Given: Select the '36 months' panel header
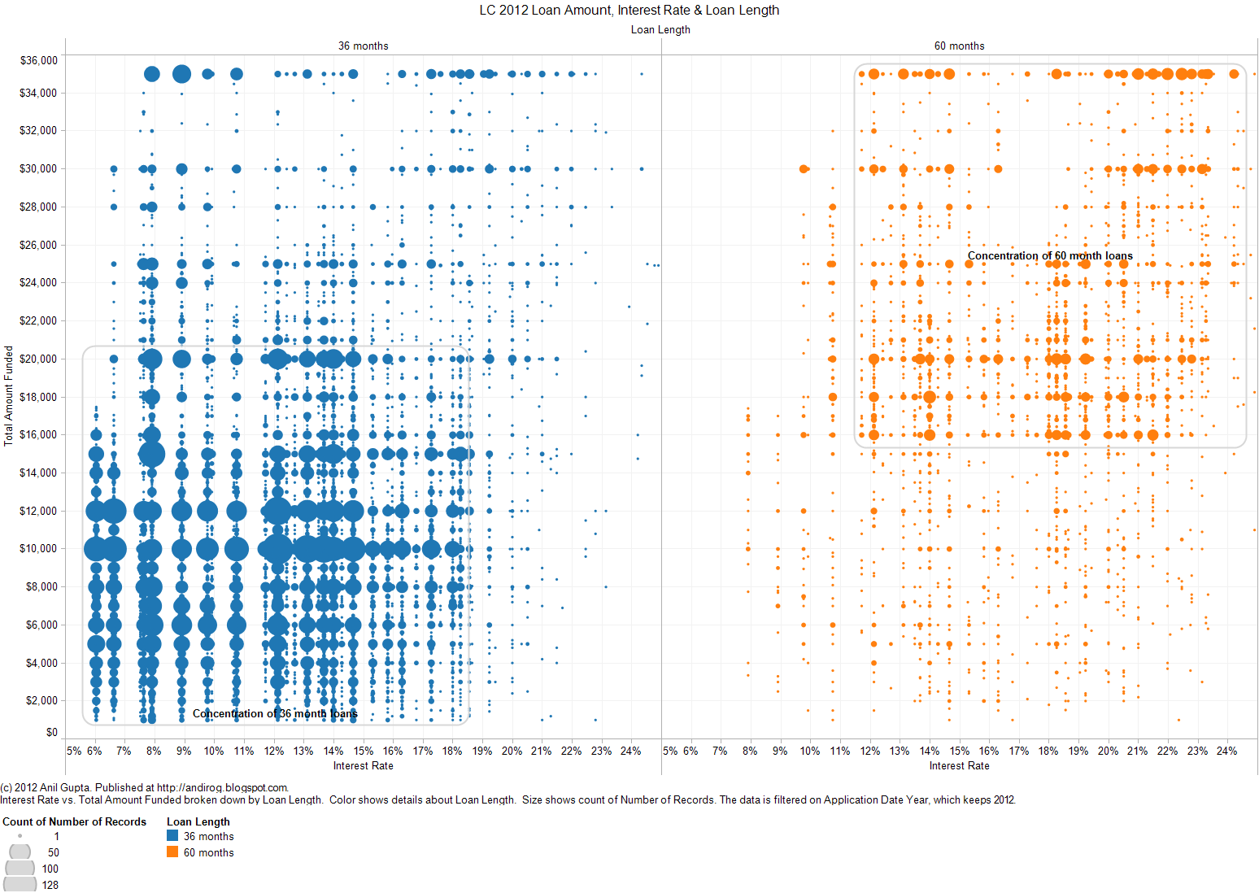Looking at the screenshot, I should click(x=363, y=46).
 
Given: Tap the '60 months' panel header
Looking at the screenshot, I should click(x=959, y=46).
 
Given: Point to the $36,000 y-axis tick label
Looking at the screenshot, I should click(x=38, y=60).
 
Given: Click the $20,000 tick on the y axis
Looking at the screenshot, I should click(x=38, y=359).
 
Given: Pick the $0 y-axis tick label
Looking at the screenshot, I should click(x=51, y=732).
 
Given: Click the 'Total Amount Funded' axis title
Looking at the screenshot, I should click(x=9, y=396).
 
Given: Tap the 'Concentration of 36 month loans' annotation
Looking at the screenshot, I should click(x=275, y=713).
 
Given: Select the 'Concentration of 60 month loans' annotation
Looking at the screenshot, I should click(x=1050, y=255).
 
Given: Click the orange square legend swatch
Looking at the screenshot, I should click(x=172, y=852).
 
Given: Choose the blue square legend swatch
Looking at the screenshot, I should click(x=172, y=835).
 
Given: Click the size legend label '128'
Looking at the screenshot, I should click(x=50, y=885).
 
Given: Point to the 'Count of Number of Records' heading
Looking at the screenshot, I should click(x=74, y=821).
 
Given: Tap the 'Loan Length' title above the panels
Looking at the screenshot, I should click(x=660, y=30).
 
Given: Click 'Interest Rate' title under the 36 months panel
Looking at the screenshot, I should click(x=363, y=765).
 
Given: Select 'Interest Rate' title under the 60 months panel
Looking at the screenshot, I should click(x=959, y=765).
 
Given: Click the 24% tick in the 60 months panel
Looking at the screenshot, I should click(x=1226, y=751).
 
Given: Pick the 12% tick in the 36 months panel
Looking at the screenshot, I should click(x=274, y=751).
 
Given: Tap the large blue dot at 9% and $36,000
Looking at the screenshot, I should click(x=182, y=74).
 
